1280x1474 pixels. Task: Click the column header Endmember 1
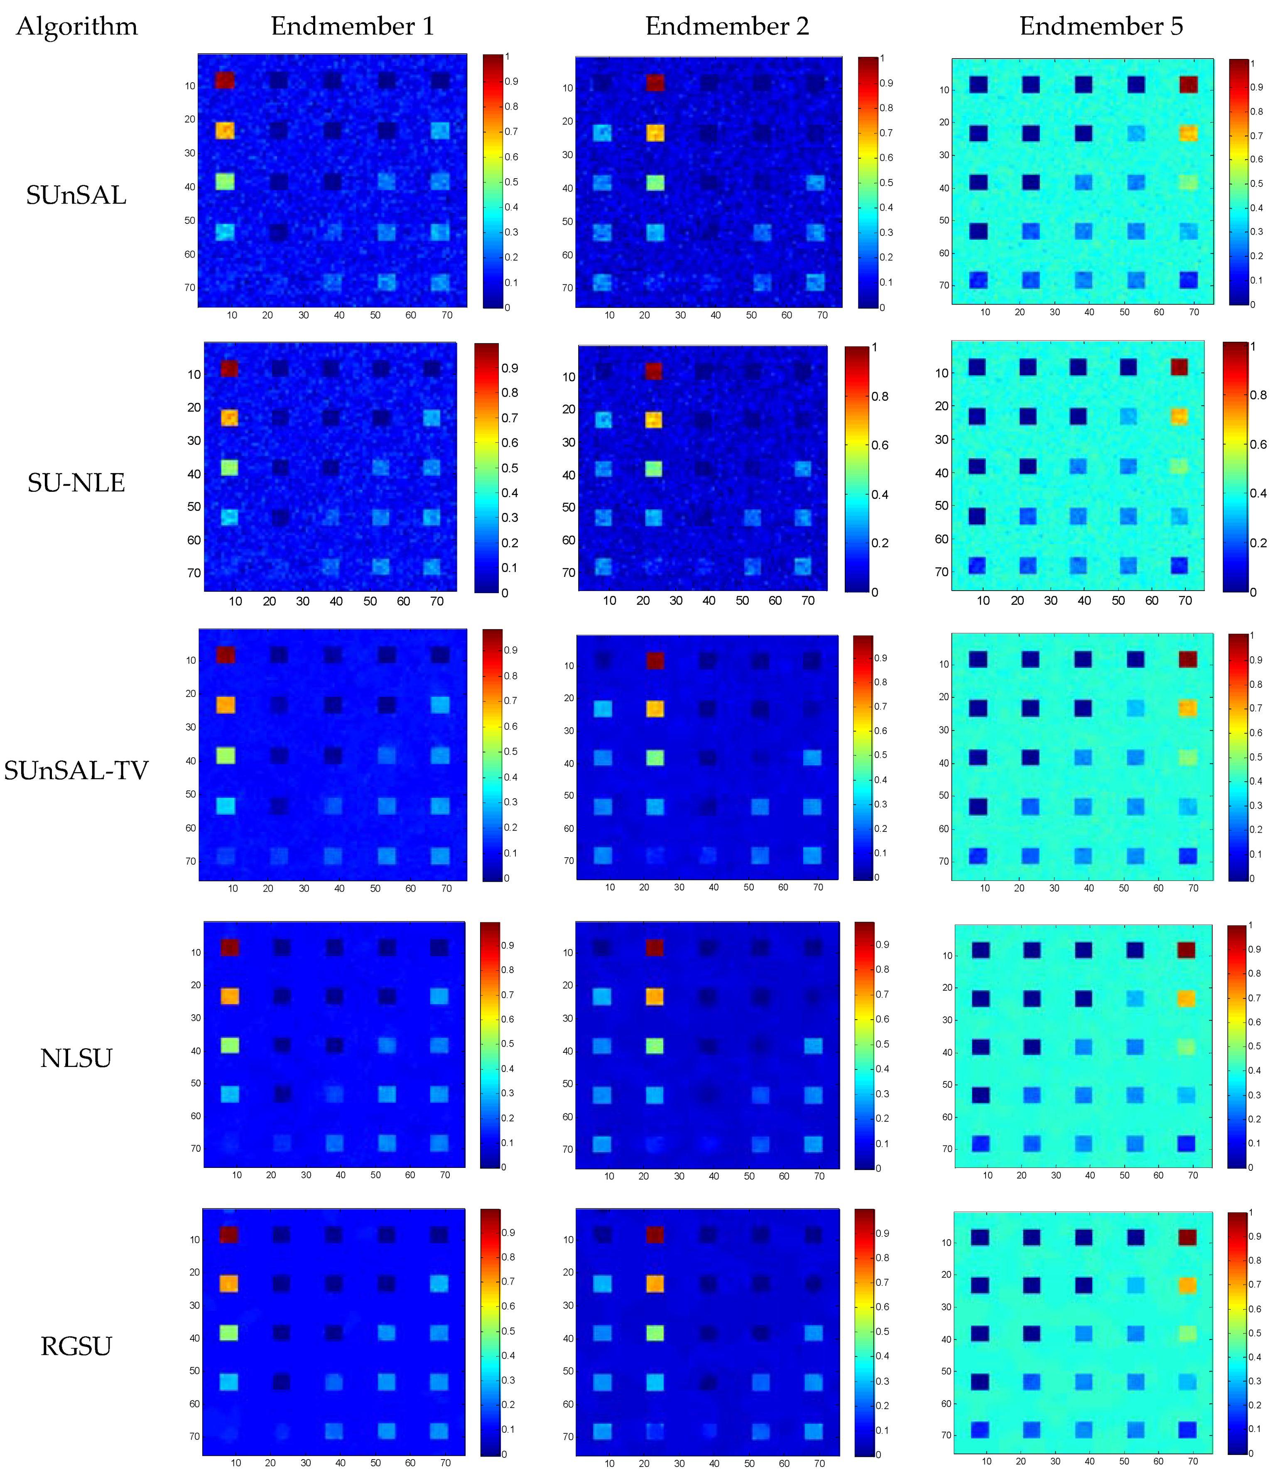coord(352,27)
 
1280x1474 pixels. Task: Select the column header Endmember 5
coord(1101,27)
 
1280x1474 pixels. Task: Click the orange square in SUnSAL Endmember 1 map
coord(225,131)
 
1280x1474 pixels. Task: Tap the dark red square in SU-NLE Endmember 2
coord(654,370)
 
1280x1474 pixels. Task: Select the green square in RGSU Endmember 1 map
coord(228,1333)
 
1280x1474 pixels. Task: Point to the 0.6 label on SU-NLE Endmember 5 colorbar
coord(1258,444)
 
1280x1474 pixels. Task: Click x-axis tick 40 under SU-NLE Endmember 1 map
coord(336,601)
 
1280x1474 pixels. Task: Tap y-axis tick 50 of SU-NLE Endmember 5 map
coord(942,505)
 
